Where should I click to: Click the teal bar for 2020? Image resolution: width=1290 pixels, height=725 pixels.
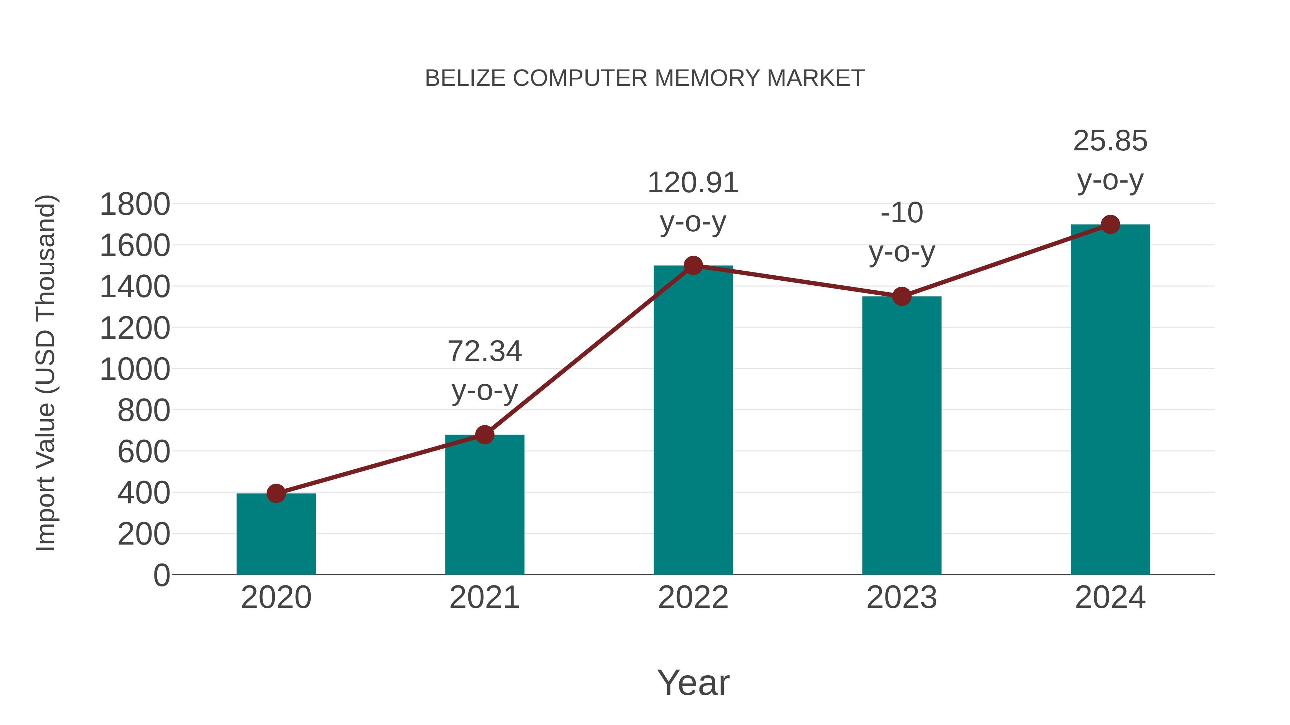click(x=276, y=535)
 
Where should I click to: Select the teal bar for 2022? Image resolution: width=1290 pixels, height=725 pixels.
click(x=693, y=420)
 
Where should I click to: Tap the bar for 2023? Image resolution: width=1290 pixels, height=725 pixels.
click(x=902, y=435)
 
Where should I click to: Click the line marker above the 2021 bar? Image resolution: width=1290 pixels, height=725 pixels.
click(x=484, y=435)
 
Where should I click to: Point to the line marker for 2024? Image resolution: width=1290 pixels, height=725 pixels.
click(x=1110, y=224)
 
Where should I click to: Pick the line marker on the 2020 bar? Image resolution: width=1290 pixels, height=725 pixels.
click(x=276, y=493)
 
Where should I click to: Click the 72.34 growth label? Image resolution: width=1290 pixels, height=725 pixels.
click(x=484, y=351)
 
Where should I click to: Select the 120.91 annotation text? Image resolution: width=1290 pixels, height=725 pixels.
click(x=693, y=183)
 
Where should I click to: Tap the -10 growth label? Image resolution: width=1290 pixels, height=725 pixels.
click(x=902, y=213)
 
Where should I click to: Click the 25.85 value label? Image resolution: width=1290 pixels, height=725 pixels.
click(x=1110, y=141)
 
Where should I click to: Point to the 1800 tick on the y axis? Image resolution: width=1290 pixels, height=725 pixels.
click(x=135, y=205)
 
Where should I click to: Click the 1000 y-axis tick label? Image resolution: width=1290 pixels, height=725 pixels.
click(x=135, y=370)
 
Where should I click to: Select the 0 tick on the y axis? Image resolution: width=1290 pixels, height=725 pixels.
click(x=161, y=575)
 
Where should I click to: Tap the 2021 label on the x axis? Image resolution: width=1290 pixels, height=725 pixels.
click(x=484, y=598)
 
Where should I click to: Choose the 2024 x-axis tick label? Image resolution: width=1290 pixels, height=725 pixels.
click(x=1110, y=598)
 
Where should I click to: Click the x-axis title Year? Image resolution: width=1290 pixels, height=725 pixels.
click(x=693, y=683)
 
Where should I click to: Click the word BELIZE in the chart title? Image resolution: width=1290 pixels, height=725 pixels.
click(x=465, y=78)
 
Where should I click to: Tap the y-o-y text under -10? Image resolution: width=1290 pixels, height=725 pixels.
click(x=902, y=253)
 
